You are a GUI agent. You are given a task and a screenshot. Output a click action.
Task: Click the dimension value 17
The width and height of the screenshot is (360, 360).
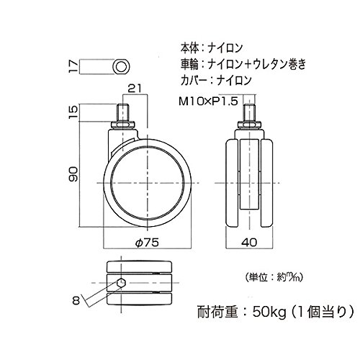point(74,66)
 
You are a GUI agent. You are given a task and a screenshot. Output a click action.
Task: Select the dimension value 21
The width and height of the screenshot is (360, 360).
point(135,89)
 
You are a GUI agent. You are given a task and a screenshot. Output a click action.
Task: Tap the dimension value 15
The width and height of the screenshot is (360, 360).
point(74,112)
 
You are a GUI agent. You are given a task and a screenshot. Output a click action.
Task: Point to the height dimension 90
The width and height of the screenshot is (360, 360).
point(73,174)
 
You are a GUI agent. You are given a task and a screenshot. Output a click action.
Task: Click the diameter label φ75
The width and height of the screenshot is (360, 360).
point(147,243)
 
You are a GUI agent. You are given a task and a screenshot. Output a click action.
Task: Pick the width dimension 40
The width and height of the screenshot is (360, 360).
point(249,243)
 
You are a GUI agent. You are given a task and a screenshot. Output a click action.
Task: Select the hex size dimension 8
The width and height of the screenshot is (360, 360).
point(76,301)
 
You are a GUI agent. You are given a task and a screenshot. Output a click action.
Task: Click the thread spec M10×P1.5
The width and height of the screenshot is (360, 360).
point(208,101)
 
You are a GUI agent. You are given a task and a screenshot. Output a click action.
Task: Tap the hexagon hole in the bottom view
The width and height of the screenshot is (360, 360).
point(121,283)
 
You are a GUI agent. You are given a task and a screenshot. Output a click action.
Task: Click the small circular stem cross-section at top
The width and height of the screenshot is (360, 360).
point(121,66)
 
